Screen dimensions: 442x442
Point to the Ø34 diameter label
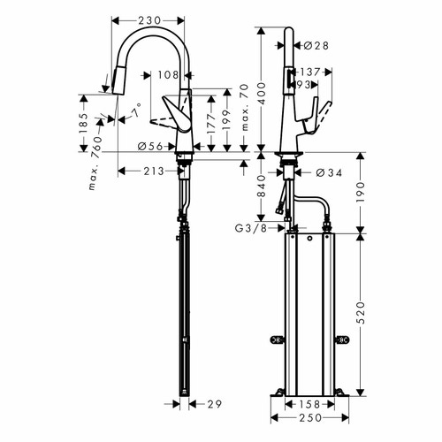(328, 173)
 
